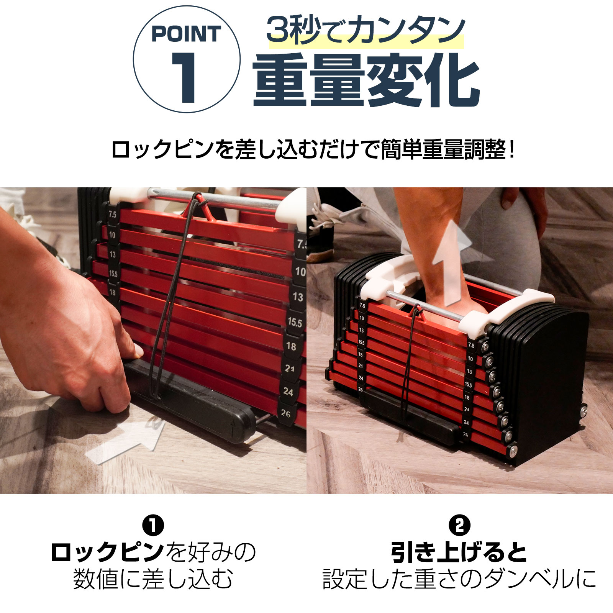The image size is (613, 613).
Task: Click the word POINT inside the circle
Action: (187, 34)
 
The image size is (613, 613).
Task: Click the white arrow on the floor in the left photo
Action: (126, 441)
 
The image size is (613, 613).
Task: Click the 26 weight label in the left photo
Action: (286, 414)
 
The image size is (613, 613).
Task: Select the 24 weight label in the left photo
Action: (288, 392)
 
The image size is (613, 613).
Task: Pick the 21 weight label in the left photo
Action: (290, 369)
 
